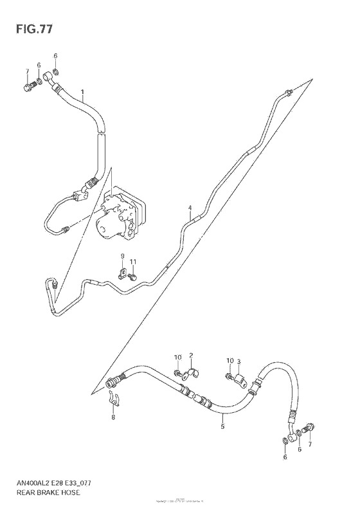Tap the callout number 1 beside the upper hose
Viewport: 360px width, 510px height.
[x=82, y=92]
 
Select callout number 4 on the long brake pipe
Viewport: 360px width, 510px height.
[x=190, y=208]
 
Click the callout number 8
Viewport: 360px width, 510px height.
[x=113, y=417]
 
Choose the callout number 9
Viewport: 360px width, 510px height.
[x=122, y=257]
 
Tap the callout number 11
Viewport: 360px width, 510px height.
[x=133, y=262]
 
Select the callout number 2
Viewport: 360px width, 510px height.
[x=191, y=356]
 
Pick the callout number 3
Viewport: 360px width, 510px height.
[x=239, y=361]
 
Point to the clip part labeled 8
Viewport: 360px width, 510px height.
[x=113, y=399]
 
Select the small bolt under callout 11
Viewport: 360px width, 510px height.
[x=132, y=277]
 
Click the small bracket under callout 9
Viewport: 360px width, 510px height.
[x=122, y=273]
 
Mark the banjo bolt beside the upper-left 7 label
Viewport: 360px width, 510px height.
[x=28, y=84]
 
